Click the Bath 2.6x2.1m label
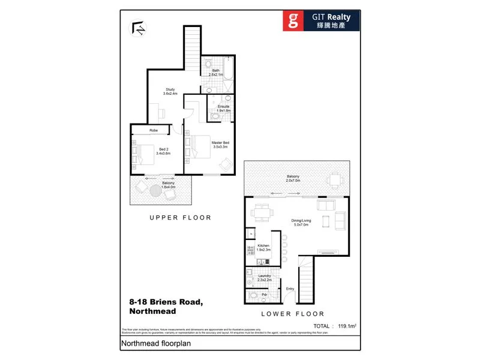point(215,72)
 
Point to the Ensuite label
point(223,109)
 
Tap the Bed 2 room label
point(163,151)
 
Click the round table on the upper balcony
point(155,189)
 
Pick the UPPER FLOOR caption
point(180,218)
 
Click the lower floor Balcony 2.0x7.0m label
point(293,178)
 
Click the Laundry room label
point(265,278)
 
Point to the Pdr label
point(263,295)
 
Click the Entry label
point(290,289)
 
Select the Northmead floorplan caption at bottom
point(149,344)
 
